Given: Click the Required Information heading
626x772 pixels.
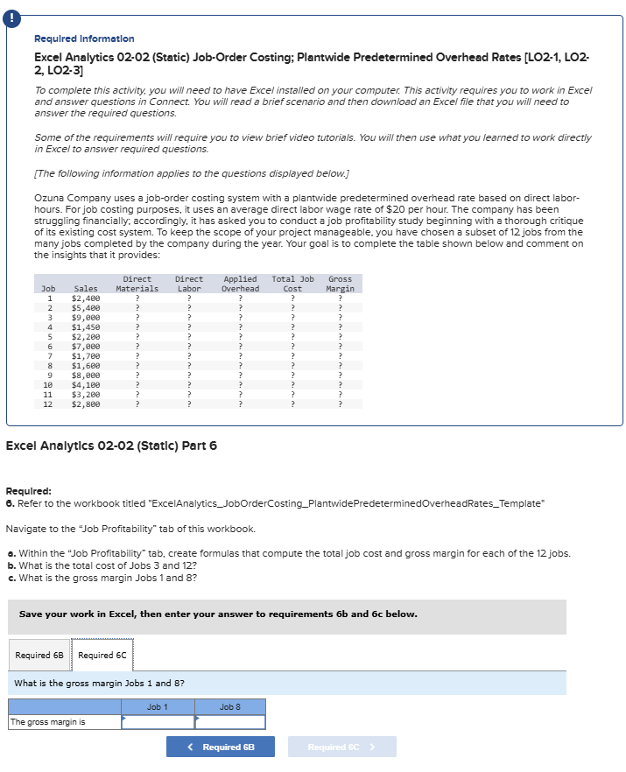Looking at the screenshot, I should [84, 39].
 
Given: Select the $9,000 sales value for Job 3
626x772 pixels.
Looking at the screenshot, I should [86, 318].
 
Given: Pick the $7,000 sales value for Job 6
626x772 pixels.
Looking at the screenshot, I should [86, 347].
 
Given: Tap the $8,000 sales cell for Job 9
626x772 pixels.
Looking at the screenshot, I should [86, 375].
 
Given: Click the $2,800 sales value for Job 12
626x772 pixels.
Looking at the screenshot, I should [86, 404].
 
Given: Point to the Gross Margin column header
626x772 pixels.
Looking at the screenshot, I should [340, 284].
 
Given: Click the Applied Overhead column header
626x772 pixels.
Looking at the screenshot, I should [240, 284].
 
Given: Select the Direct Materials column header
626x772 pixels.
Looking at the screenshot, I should [137, 284].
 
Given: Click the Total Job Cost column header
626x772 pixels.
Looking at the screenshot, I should [292, 284].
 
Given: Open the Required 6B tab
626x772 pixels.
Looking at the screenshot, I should [39, 656].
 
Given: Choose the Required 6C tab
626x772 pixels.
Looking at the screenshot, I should [102, 656].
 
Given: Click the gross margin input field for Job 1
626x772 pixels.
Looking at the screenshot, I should [158, 722].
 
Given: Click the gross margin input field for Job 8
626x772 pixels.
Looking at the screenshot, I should [229, 722].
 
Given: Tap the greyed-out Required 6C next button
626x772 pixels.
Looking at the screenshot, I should [341, 747].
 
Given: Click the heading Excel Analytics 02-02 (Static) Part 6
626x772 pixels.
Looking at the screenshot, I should [111, 446].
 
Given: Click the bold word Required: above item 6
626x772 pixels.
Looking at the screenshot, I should [28, 491].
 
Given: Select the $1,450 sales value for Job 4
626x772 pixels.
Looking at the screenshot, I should [86, 327].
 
